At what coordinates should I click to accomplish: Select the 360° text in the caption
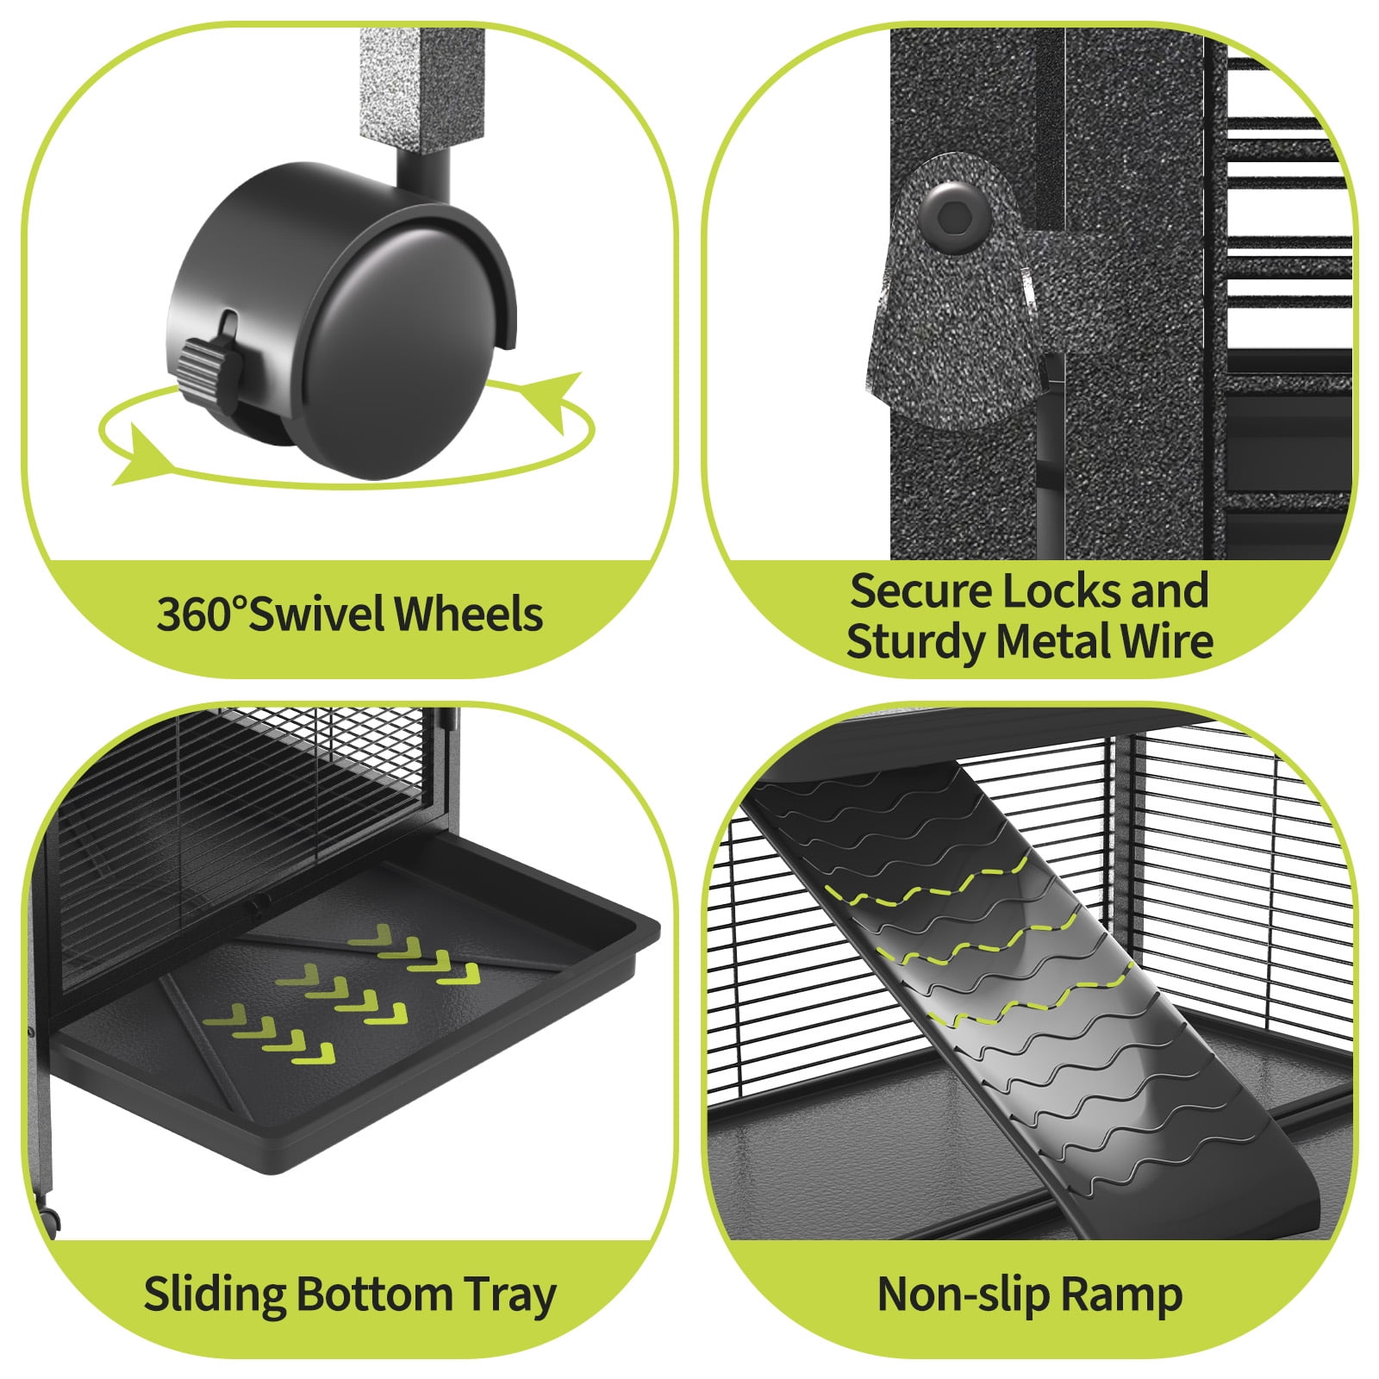(202, 615)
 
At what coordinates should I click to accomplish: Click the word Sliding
(215, 1295)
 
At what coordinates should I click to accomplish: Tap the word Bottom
(374, 1295)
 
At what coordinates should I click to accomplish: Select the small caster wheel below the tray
(49, 1217)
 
